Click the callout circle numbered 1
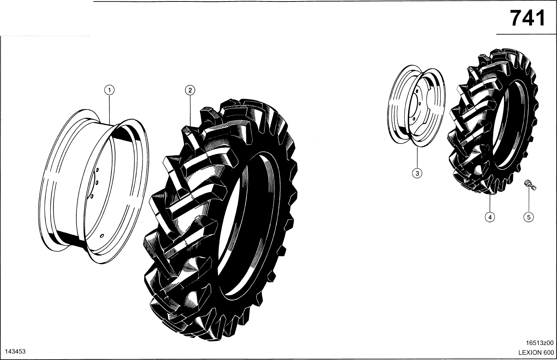pyautogui.click(x=110, y=90)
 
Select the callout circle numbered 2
pyautogui.click(x=190, y=90)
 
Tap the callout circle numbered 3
pyautogui.click(x=417, y=173)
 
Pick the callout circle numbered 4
pyautogui.click(x=490, y=217)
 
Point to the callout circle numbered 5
pyautogui.click(x=529, y=217)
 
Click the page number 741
pyautogui.click(x=527, y=19)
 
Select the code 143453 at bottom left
pyautogui.click(x=16, y=351)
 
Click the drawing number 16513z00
pyautogui.click(x=540, y=343)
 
